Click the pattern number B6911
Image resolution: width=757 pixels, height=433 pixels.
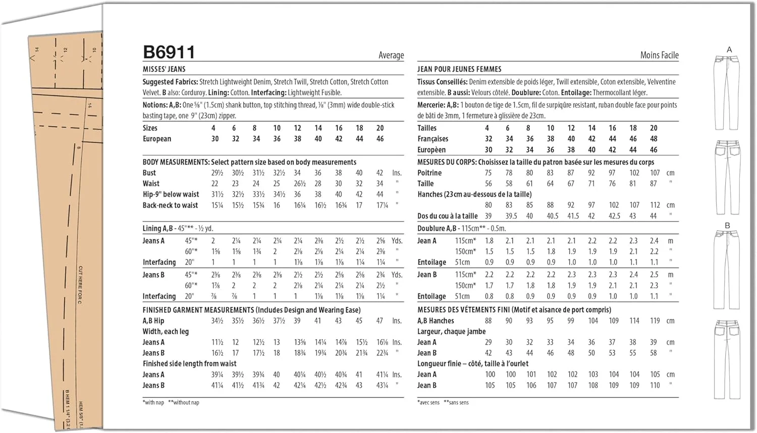169,52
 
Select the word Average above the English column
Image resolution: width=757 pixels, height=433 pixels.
391,55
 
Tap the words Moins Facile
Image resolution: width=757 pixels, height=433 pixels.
659,55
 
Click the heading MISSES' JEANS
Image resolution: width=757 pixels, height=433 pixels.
164,69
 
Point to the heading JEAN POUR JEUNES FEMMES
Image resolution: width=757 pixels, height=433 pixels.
459,69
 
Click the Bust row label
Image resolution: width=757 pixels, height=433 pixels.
149,173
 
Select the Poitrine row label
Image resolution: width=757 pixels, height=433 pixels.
429,173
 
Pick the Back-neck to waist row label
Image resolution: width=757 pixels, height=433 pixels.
170,205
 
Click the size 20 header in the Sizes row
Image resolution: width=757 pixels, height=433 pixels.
380,128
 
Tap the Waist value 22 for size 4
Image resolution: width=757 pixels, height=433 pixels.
215,184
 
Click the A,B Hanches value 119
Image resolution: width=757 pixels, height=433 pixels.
655,321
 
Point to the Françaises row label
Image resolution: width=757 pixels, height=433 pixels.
432,139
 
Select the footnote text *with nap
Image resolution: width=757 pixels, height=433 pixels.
154,402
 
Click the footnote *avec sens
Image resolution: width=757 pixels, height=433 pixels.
428,402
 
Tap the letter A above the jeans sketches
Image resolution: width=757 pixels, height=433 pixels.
729,49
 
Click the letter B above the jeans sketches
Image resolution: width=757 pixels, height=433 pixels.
727,225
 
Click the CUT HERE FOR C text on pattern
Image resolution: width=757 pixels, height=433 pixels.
80,285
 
